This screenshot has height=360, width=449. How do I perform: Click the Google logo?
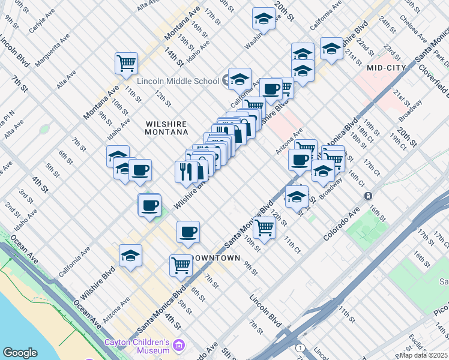pyautogui.click(x=20, y=353)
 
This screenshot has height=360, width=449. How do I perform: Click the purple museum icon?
pyautogui.click(x=178, y=346)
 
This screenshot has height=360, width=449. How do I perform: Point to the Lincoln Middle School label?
pyautogui.click(x=178, y=81)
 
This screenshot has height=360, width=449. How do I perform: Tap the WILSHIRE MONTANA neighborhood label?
pyautogui.click(x=167, y=128)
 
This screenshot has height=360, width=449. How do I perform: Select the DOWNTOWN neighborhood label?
pyautogui.click(x=216, y=258)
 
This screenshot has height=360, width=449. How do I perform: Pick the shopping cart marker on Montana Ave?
pyautogui.click(x=127, y=63)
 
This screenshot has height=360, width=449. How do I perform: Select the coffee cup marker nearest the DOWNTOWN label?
pyautogui.click(x=188, y=232)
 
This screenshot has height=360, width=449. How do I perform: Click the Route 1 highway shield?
pyautogui.click(x=300, y=348)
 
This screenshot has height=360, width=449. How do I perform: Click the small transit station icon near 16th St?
pyautogui.click(x=367, y=196)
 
